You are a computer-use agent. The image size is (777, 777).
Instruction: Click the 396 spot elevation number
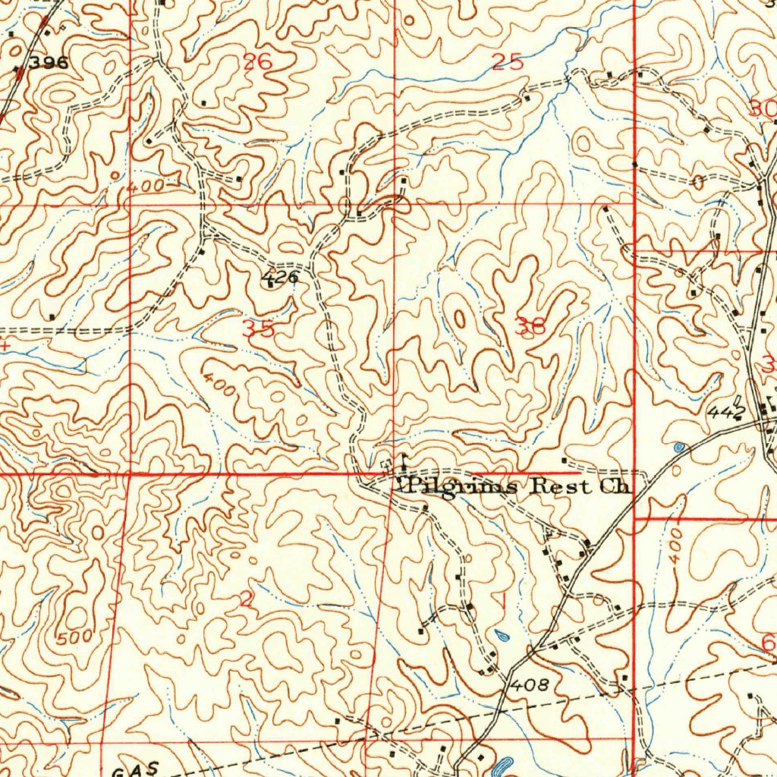click(x=51, y=64)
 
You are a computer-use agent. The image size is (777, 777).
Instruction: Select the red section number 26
click(x=257, y=62)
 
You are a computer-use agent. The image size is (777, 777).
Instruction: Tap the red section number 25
click(x=507, y=63)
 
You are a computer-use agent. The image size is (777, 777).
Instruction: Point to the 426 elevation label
click(x=280, y=278)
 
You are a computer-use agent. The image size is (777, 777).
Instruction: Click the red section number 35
click(x=258, y=329)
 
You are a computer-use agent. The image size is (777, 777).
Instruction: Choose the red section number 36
click(x=529, y=327)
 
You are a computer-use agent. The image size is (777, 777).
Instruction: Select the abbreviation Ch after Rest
click(x=613, y=486)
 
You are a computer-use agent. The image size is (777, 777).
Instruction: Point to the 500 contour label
click(x=74, y=637)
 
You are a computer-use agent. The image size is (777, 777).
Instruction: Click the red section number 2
click(x=245, y=599)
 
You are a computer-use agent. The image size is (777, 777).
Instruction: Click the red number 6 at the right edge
click(x=767, y=644)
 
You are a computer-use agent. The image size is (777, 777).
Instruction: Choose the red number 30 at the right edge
click(x=762, y=109)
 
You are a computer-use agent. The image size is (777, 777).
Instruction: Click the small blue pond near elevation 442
click(x=678, y=448)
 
